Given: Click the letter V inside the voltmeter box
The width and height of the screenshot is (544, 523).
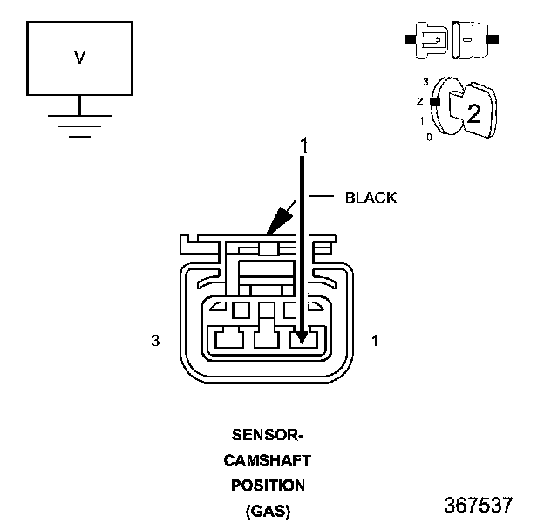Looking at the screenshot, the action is click(80, 58).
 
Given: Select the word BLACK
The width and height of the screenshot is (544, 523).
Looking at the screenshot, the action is click(371, 198).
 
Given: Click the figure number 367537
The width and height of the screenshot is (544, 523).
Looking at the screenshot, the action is click(478, 505).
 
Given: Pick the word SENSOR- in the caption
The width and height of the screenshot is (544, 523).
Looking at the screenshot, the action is click(268, 435).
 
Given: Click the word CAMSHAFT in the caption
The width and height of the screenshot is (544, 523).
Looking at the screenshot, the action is click(267, 461).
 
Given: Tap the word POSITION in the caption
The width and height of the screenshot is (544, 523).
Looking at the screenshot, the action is click(268, 486).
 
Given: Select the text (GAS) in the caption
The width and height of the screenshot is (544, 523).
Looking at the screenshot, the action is click(268, 511).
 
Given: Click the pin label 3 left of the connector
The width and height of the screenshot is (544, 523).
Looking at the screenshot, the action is click(155, 341).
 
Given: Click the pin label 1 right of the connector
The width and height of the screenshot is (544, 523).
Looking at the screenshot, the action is click(375, 341).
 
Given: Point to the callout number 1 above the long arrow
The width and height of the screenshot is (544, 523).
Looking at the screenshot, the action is click(304, 145).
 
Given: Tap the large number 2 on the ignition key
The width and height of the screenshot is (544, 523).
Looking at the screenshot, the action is click(474, 113).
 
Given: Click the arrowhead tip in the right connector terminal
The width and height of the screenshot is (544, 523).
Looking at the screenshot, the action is click(303, 343).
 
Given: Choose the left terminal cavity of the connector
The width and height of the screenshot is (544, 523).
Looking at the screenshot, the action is click(229, 339).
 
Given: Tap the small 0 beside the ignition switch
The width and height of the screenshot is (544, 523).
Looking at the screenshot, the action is click(429, 138).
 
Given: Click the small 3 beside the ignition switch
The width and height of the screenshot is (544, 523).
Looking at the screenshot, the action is click(425, 82).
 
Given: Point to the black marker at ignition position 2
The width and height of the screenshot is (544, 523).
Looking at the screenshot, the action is click(435, 102).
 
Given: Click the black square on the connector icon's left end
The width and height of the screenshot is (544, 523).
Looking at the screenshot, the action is click(410, 39).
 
